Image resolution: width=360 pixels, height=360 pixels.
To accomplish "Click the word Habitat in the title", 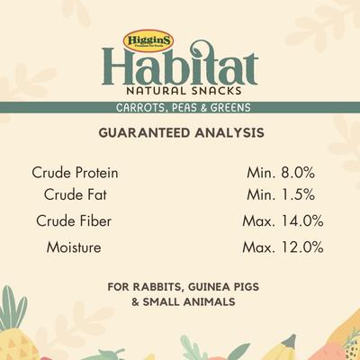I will point(180,69).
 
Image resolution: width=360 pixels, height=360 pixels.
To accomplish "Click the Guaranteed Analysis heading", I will point(180,132).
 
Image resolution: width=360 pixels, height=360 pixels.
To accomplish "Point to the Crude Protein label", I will point(75,172).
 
